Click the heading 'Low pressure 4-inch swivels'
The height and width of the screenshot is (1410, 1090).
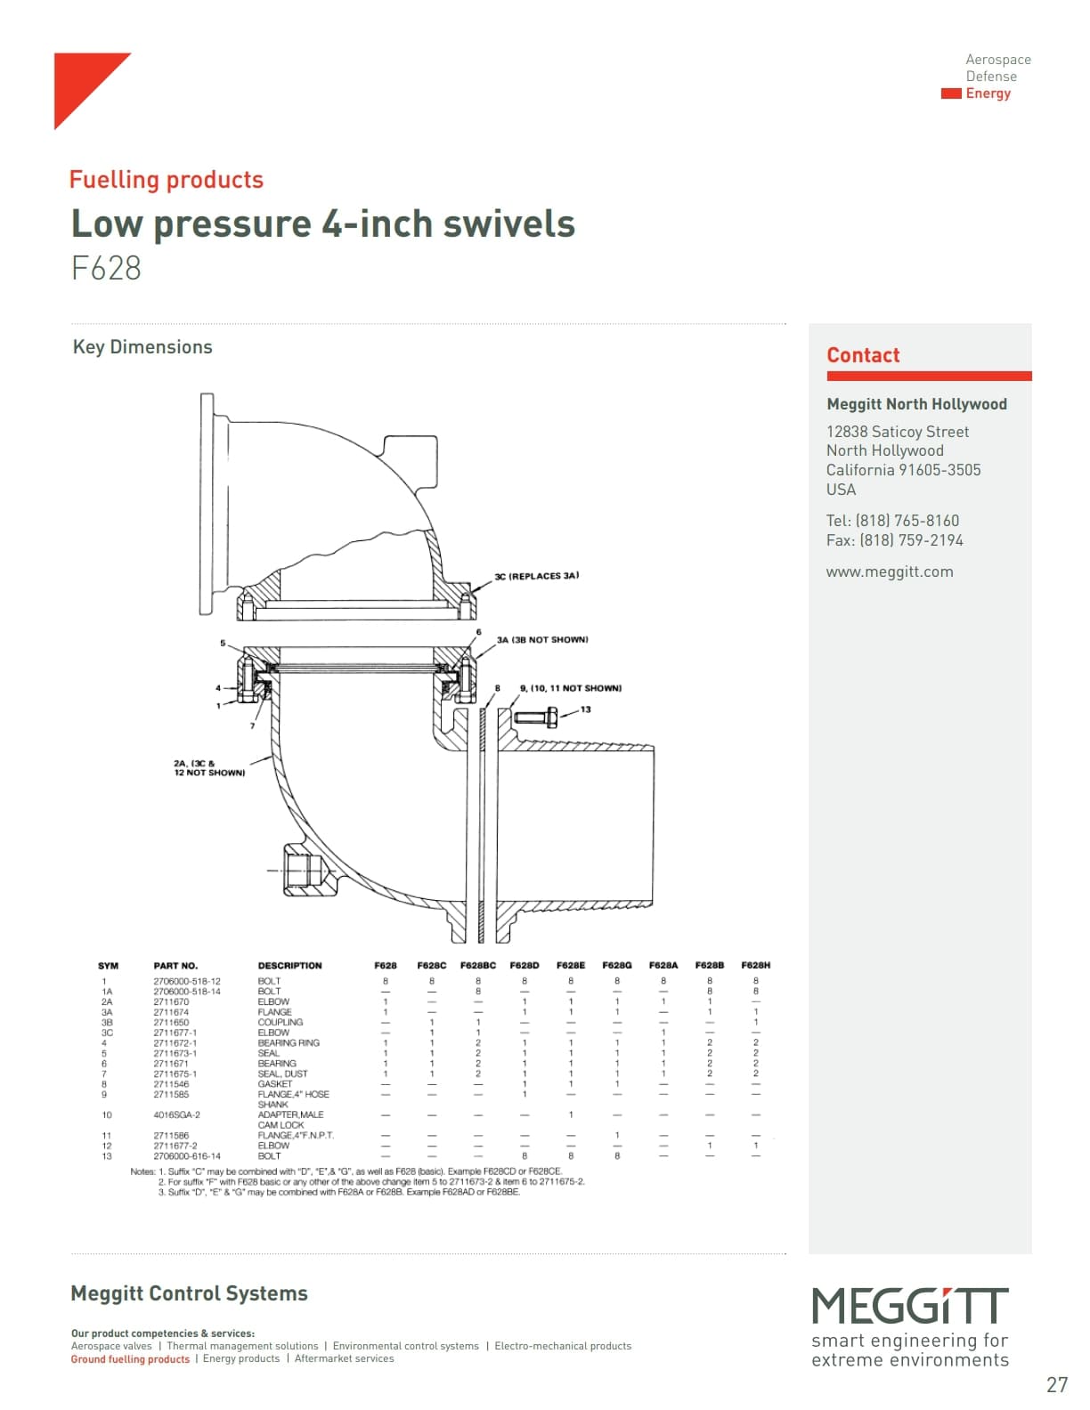(322, 223)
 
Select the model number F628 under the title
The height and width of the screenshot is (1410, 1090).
(106, 268)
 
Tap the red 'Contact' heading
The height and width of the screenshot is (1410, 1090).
(863, 355)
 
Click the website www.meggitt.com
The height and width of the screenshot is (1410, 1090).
(889, 571)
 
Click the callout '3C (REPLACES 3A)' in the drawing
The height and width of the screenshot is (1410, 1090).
(536, 576)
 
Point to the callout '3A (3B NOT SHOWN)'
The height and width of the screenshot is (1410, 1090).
(541, 639)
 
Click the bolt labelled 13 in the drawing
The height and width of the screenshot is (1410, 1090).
(536, 716)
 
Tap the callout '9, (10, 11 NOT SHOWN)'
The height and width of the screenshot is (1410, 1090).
(570, 688)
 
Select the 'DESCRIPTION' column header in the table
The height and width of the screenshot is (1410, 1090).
(289, 965)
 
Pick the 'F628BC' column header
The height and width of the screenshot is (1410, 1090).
(477, 965)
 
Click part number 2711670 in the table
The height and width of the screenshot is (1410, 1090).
(171, 1001)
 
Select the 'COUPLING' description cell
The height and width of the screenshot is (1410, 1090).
(280, 1022)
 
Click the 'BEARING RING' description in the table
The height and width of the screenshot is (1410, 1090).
(288, 1042)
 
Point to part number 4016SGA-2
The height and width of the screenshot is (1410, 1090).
(176, 1114)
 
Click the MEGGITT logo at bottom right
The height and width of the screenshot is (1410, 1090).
(909, 1307)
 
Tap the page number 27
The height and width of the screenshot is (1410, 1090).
(1056, 1385)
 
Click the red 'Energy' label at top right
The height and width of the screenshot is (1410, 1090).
(988, 93)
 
